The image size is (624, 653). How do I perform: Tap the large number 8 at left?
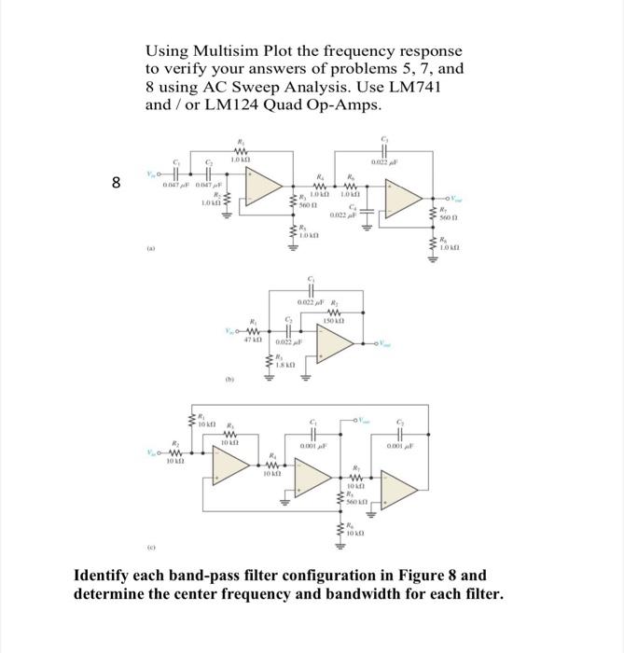coord(116,183)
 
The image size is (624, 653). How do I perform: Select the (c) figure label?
coord(152,548)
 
